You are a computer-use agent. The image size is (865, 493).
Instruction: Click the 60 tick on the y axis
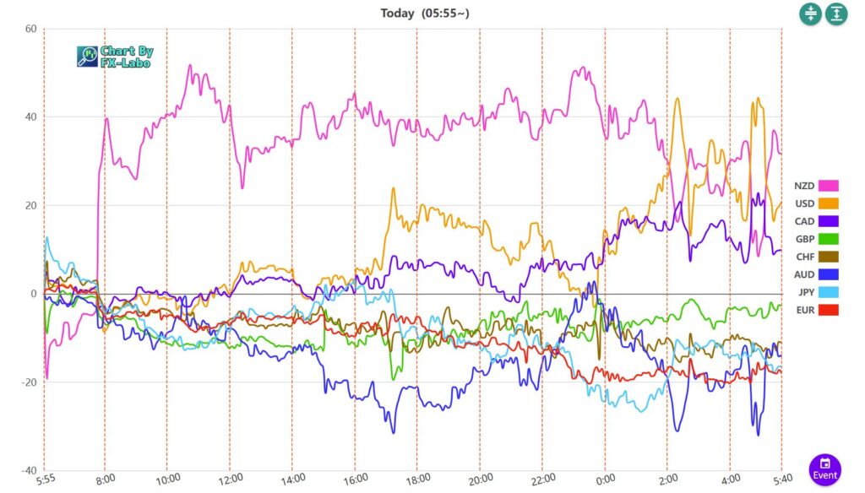point(30,29)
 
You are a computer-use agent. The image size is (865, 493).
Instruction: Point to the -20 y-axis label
point(28,382)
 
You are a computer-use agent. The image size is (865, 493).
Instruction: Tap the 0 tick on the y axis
point(33,294)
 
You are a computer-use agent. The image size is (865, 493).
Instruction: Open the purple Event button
point(825,469)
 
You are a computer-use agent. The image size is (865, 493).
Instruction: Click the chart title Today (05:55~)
point(421,13)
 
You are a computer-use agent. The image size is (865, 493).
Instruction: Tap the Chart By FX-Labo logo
point(115,57)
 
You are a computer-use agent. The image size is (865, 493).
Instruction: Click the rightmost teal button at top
point(836,14)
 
